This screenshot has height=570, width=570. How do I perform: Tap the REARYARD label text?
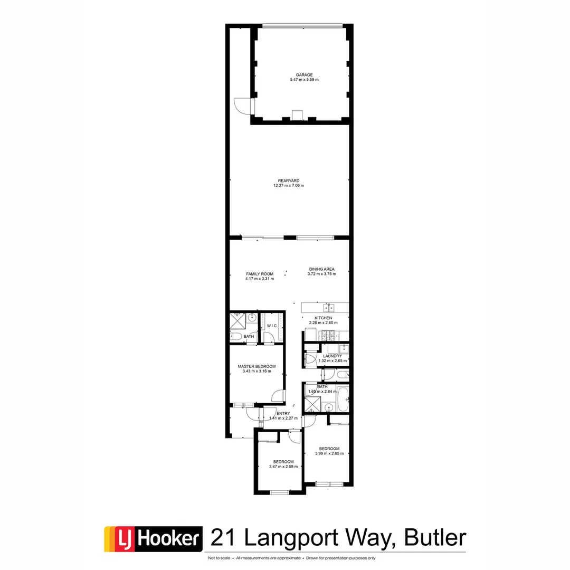[x=289, y=180]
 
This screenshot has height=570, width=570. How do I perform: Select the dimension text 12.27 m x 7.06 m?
[x=289, y=186]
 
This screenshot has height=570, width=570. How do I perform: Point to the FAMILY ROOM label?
[x=260, y=273]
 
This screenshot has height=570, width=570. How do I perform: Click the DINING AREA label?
[x=322, y=269]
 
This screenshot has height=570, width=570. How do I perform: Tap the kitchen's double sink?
[x=328, y=307]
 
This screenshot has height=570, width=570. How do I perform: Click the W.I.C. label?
[x=272, y=326]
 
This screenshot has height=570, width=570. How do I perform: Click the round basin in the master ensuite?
[x=252, y=317]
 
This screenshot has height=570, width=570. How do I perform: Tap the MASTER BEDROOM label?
[x=256, y=366]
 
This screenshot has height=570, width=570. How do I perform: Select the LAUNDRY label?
[x=333, y=356]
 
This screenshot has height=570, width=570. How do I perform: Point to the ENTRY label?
[x=283, y=413]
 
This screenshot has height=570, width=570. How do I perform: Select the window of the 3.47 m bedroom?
[x=279, y=492]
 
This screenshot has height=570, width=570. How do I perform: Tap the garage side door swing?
[x=241, y=106]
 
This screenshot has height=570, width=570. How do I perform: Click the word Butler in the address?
[x=435, y=538]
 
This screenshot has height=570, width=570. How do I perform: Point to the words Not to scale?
[x=218, y=558]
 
